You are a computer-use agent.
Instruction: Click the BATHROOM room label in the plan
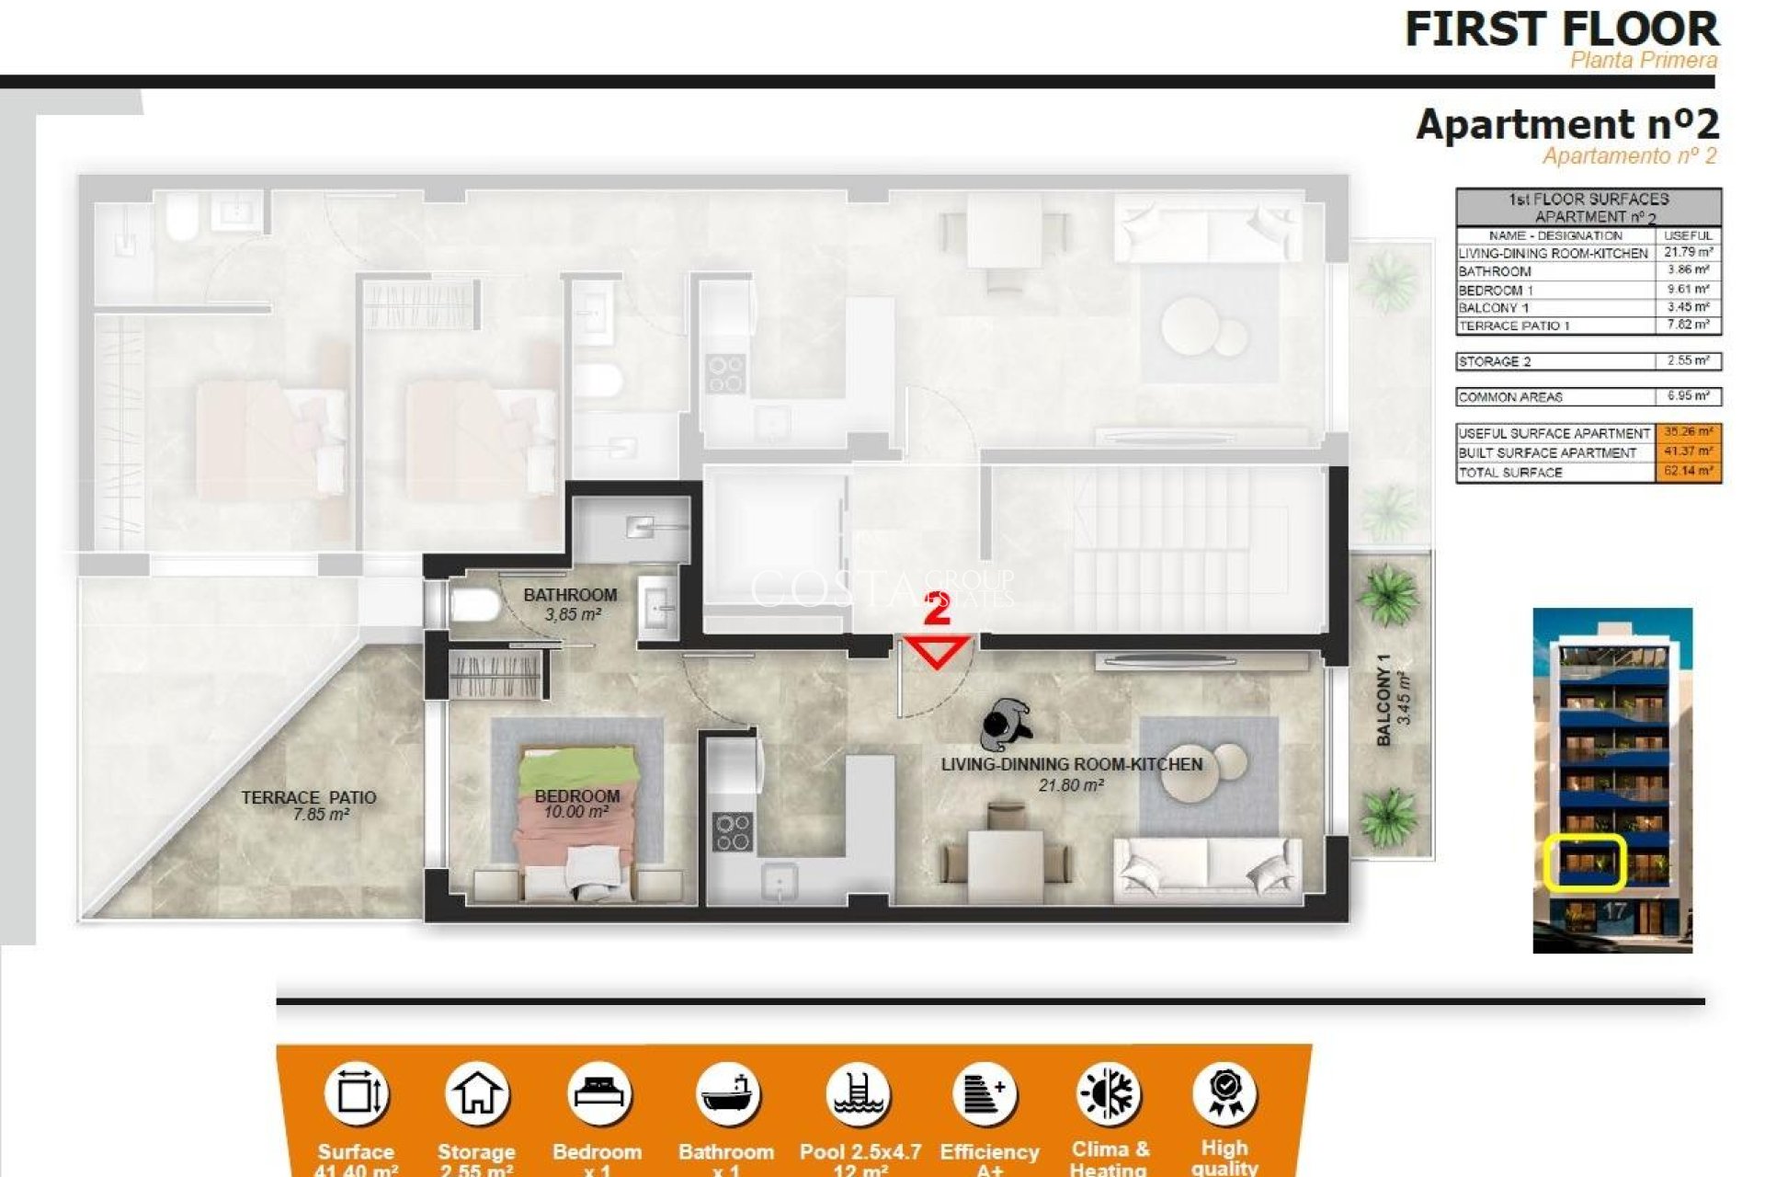[570, 596]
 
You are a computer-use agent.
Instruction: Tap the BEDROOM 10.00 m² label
[576, 804]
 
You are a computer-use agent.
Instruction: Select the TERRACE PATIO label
[309, 806]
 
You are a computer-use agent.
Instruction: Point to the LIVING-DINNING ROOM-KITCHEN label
[1071, 765]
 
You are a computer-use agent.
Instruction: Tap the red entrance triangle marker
[937, 650]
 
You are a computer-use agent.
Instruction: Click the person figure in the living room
[1006, 723]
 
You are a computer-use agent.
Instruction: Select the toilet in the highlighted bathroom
[472, 606]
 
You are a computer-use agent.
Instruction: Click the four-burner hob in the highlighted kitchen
[732, 831]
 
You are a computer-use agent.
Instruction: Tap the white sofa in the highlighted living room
[1207, 869]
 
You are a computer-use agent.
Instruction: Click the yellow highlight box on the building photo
[1584, 863]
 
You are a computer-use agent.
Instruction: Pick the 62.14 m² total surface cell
[1687, 472]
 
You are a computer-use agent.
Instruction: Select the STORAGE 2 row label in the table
[1496, 361]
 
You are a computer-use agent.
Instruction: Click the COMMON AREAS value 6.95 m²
[1688, 396]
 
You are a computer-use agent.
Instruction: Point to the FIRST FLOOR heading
[1561, 29]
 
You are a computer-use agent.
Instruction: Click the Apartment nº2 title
[1566, 124]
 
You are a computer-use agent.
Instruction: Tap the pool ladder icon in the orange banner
[858, 1094]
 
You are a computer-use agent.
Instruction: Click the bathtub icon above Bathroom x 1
[727, 1094]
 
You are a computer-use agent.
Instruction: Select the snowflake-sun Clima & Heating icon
[1109, 1094]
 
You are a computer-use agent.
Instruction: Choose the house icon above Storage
[476, 1094]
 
